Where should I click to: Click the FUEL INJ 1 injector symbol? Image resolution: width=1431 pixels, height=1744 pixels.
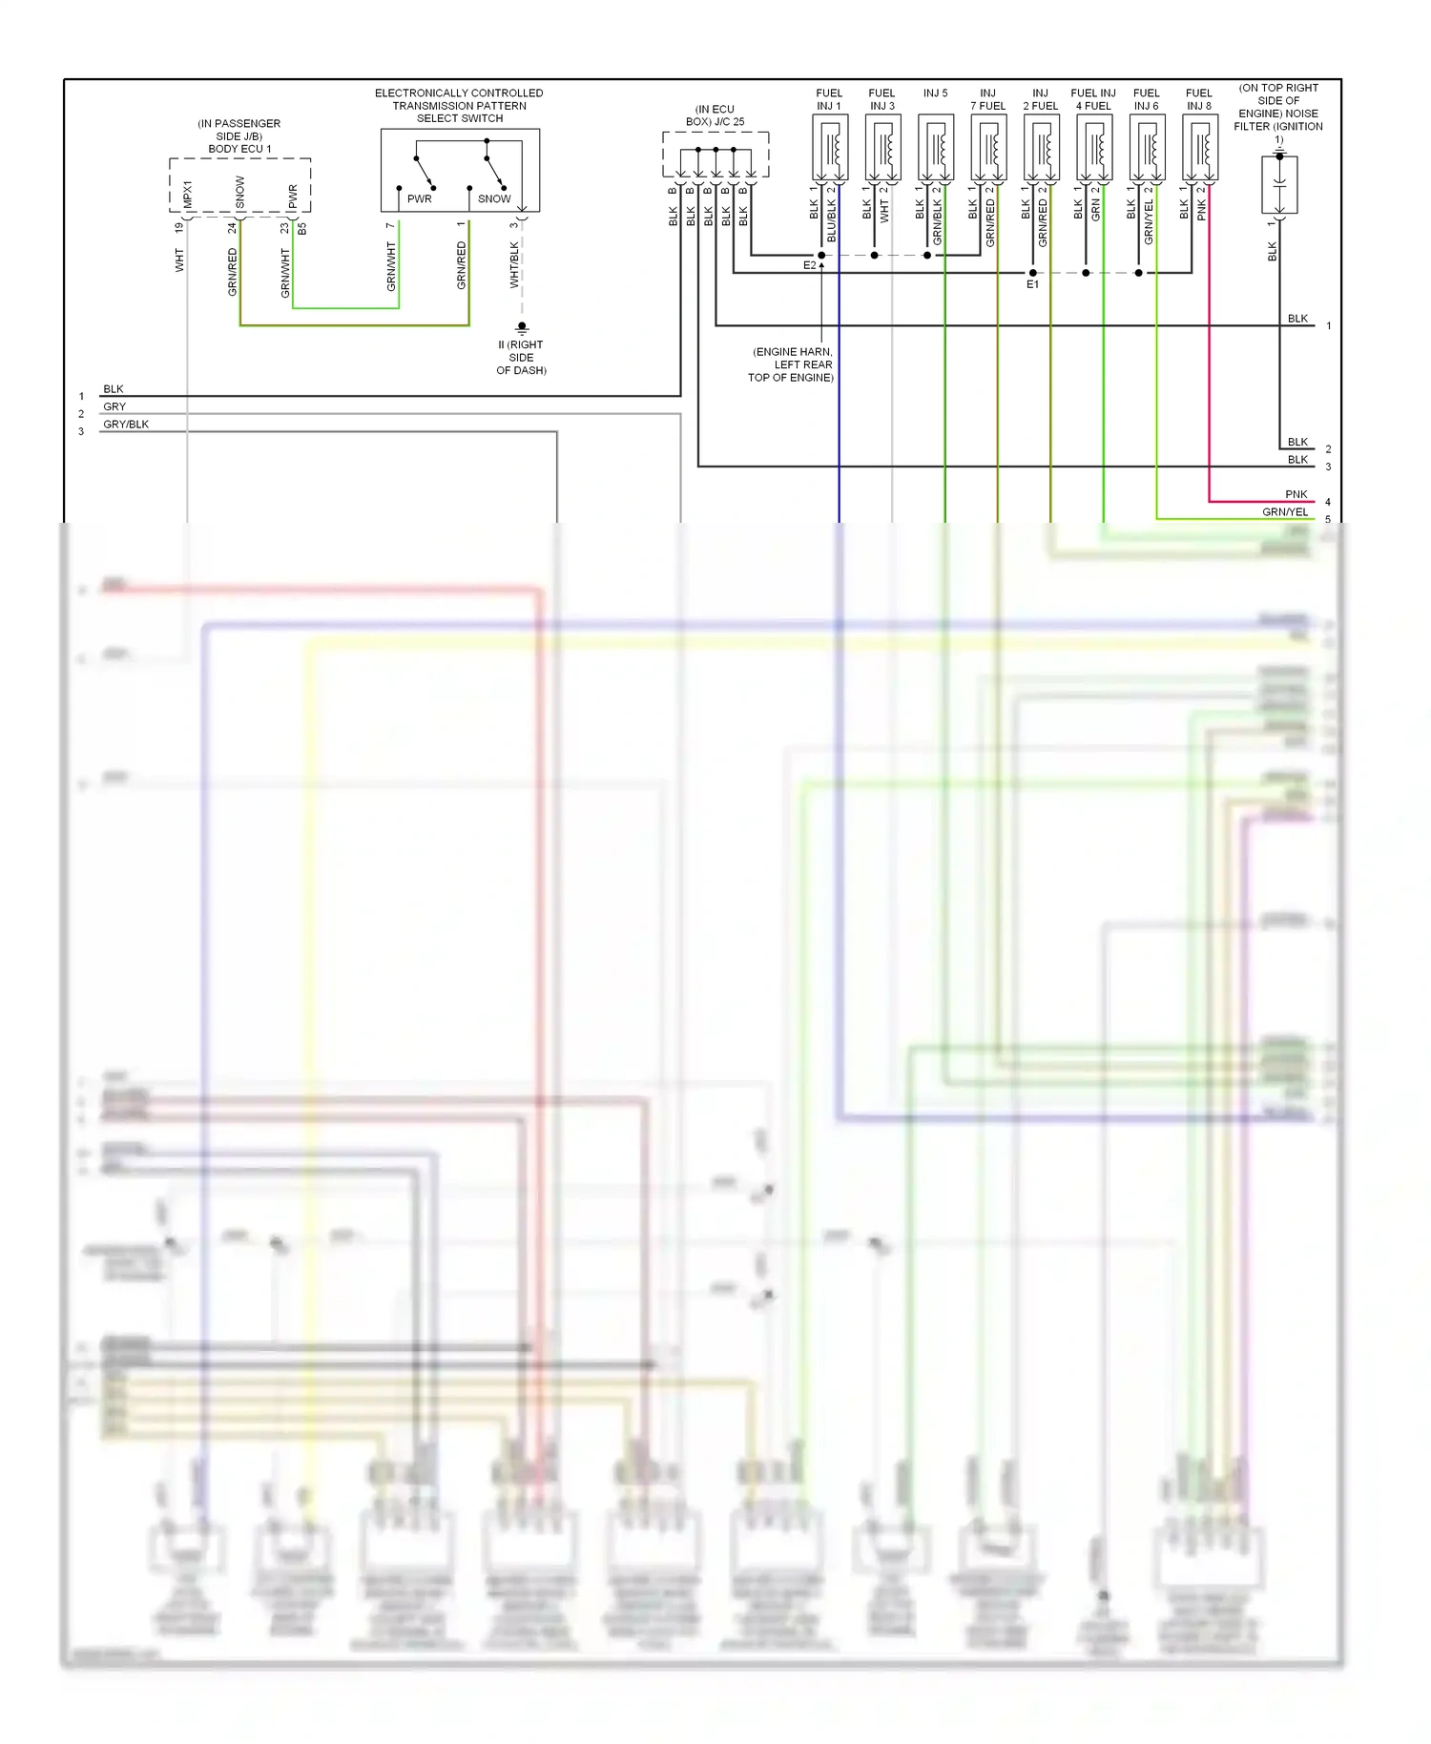point(830,148)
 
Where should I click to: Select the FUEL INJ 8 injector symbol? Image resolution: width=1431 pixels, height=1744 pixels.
point(1199,148)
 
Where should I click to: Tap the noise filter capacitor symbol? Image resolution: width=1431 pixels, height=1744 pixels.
point(1279,184)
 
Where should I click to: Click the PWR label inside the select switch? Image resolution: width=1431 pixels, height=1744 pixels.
point(419,198)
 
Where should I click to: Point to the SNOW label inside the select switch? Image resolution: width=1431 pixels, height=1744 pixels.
point(494,198)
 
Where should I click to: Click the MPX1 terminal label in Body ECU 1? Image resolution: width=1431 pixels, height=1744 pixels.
point(188,195)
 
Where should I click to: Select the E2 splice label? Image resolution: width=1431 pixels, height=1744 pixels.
point(809,265)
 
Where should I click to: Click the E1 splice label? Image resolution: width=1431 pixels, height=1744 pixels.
point(1032,284)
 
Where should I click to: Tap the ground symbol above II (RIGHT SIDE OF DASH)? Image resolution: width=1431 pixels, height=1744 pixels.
point(522,327)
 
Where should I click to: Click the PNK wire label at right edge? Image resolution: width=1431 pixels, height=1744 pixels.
point(1296,494)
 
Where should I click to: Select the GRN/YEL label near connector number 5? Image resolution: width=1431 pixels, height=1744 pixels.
point(1285,512)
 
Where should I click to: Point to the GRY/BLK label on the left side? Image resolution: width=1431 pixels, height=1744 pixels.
point(126,425)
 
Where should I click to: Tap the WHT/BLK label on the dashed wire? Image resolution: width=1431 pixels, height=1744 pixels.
point(514,264)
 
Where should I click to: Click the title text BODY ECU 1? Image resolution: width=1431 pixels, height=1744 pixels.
point(239,149)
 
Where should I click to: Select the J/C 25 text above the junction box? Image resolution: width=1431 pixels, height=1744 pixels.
point(730,122)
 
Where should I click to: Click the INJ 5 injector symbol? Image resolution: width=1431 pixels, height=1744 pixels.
point(936,148)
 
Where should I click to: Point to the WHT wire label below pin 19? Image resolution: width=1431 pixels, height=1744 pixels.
point(179,260)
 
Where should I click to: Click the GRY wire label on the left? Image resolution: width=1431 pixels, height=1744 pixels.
point(114,406)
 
